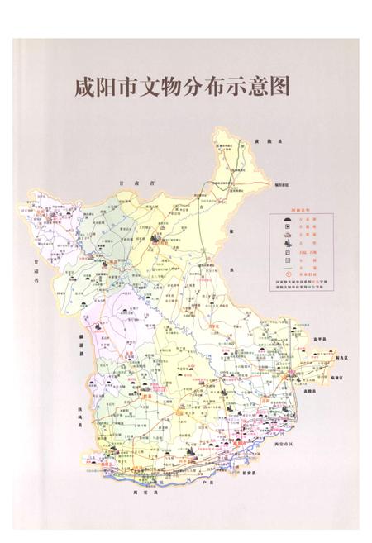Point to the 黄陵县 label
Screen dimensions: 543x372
pos(264,143)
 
